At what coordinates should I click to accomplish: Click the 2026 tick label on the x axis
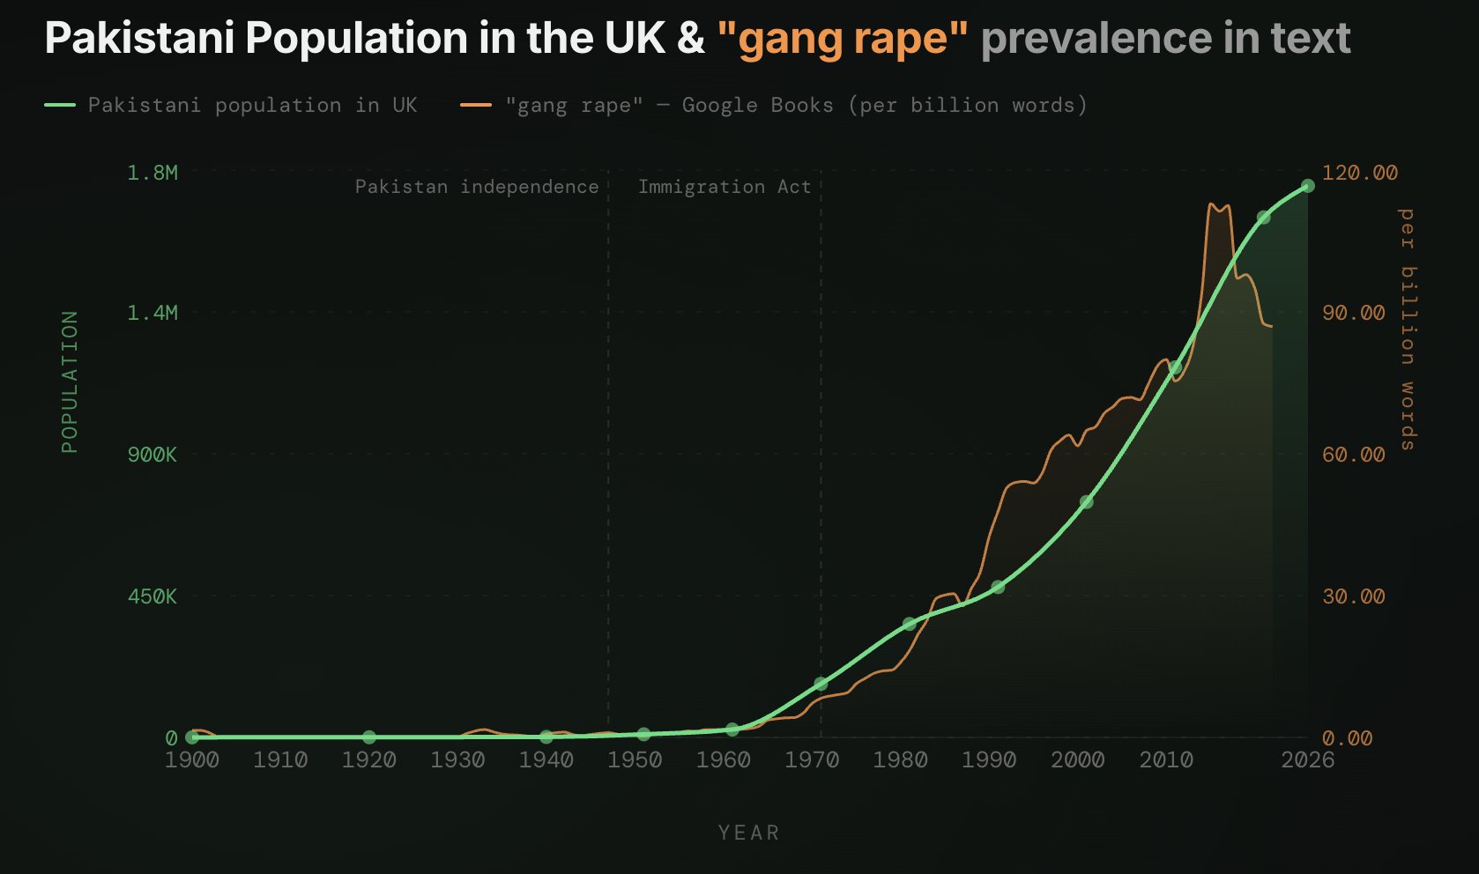click(x=1307, y=759)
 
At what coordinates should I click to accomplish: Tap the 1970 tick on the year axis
click(x=812, y=759)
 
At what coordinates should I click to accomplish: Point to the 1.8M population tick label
click(x=152, y=173)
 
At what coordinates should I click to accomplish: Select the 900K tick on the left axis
click(x=152, y=455)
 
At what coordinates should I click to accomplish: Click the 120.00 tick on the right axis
click(x=1359, y=173)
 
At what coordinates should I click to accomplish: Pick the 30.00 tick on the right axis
click(x=1353, y=596)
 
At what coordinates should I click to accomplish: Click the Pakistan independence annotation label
click(x=477, y=187)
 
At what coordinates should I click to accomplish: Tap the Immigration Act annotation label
click(x=724, y=187)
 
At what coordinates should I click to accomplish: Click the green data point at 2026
click(x=1307, y=186)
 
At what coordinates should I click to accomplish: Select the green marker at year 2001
click(x=1086, y=501)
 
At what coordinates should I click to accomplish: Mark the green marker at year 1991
click(x=998, y=587)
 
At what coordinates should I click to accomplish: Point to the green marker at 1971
click(x=821, y=684)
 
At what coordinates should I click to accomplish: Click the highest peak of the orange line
click(x=1213, y=204)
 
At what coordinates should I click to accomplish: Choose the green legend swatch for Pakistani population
click(x=60, y=105)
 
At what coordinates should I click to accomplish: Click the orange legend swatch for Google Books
click(x=476, y=105)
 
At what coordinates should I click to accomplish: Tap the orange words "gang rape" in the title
click(x=843, y=38)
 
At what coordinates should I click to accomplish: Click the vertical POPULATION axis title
click(x=70, y=381)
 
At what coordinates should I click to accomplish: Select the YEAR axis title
click(x=748, y=833)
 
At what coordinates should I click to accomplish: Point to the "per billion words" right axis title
click(x=1408, y=329)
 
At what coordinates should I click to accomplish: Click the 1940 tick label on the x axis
click(x=546, y=759)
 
